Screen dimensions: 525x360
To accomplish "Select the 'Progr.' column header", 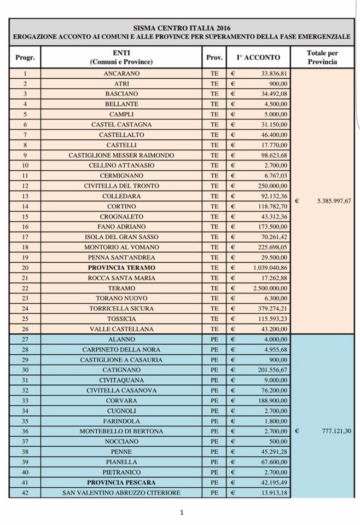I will click(x=25, y=57).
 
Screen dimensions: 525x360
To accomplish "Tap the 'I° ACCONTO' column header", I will click(x=258, y=57).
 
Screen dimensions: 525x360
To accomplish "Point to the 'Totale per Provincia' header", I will click(x=322, y=57).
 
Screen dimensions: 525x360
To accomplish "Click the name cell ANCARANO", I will click(x=121, y=73).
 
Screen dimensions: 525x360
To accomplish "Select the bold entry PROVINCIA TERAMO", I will click(x=121, y=268).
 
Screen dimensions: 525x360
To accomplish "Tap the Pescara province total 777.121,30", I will click(x=334, y=431).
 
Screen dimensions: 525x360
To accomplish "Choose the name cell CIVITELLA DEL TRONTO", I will click(x=121, y=186).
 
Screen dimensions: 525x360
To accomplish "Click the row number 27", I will click(x=25, y=339).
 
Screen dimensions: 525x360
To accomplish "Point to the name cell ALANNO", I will click(x=121, y=339).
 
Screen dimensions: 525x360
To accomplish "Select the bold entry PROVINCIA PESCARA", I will click(x=121, y=482).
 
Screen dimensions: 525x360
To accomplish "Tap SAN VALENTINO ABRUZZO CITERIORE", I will click(x=121, y=493).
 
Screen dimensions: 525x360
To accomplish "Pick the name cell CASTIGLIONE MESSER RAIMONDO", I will click(x=121, y=155).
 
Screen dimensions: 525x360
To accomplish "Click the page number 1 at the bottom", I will click(x=182, y=512).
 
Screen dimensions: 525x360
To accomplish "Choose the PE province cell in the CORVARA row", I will click(x=214, y=401).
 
